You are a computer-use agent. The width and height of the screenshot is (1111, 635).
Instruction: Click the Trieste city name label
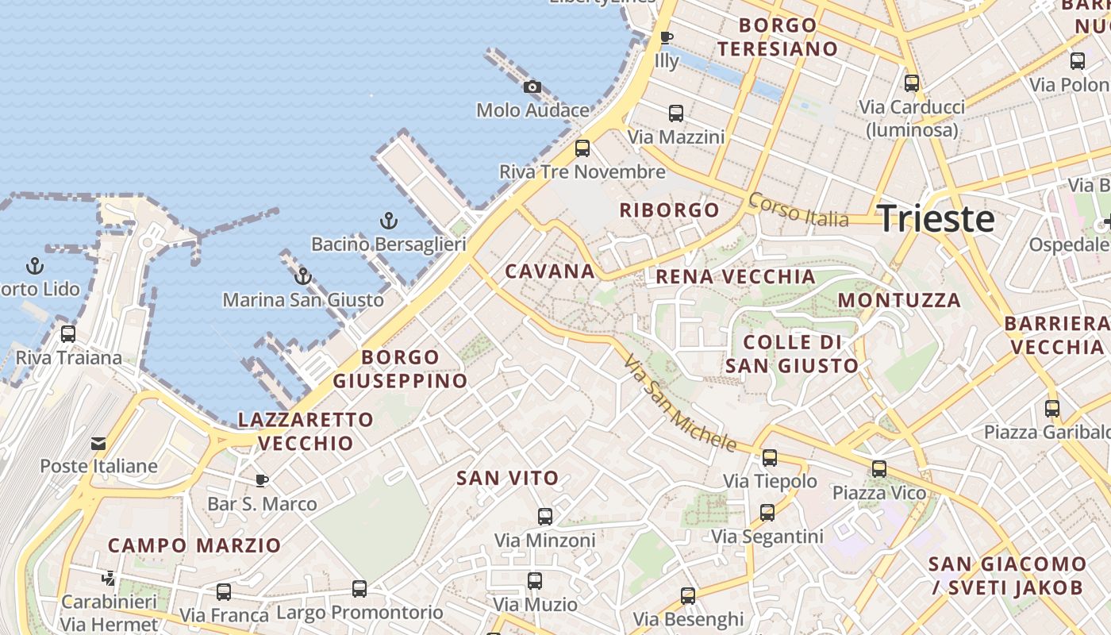click(936, 218)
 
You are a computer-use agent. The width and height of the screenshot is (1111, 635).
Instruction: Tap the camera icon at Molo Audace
click(532, 87)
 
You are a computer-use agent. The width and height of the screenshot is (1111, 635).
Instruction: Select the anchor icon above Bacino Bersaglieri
click(389, 221)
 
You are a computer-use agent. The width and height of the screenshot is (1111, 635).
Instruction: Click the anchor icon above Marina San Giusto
click(302, 276)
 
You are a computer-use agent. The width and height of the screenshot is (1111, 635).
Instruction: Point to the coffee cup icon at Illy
click(667, 37)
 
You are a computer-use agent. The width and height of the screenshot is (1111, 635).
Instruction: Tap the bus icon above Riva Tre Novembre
click(582, 148)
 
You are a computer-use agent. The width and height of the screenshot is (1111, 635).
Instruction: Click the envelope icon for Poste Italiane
click(98, 443)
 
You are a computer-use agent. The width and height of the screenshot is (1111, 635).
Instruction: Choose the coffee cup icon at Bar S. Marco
click(262, 479)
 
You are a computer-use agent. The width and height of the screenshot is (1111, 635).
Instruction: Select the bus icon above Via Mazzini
click(676, 114)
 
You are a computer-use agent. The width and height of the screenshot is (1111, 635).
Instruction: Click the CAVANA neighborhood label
click(550, 271)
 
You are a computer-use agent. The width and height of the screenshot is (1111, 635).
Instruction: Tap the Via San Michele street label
click(679, 402)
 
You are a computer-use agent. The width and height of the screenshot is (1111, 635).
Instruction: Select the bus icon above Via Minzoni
click(545, 517)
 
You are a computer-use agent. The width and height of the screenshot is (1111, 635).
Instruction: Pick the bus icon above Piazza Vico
click(879, 469)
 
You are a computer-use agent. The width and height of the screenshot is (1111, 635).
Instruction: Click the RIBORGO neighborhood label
click(670, 210)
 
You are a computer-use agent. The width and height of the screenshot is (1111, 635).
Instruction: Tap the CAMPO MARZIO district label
click(194, 546)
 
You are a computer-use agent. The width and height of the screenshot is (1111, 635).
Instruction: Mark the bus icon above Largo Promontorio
click(359, 589)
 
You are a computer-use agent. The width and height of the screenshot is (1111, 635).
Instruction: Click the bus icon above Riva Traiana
click(68, 334)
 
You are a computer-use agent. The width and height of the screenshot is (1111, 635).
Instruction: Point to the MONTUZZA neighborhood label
click(900, 301)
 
